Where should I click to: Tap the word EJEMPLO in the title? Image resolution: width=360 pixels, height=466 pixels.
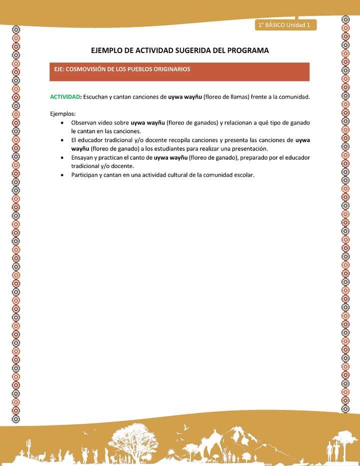pos(107,50)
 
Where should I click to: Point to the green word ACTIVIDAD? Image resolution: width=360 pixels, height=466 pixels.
pos(65,96)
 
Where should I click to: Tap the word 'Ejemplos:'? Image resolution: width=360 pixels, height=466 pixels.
pos(63,113)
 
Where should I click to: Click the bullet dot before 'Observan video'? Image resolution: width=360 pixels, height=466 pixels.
pos(61,122)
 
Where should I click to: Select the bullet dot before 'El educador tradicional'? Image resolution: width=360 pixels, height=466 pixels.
pos(61,140)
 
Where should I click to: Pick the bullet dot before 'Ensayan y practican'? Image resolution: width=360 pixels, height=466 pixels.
pos(61,157)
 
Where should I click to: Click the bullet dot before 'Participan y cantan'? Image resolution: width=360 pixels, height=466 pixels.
pos(61,175)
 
